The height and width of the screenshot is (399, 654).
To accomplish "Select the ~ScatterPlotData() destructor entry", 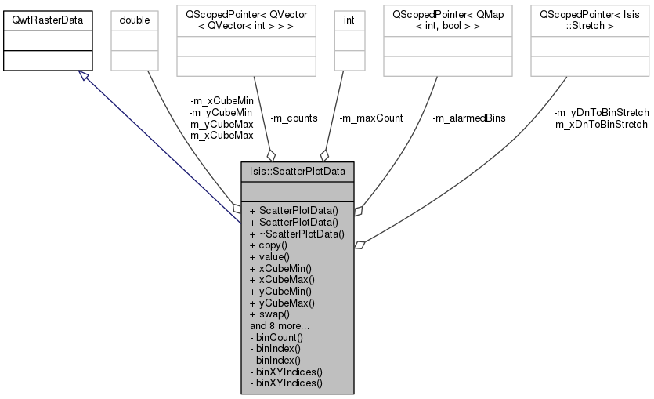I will [x=297, y=234].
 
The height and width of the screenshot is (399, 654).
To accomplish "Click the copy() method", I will [x=269, y=245].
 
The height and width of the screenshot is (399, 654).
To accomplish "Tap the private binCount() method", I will [x=276, y=336].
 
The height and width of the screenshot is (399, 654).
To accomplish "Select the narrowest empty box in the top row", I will [x=349, y=40].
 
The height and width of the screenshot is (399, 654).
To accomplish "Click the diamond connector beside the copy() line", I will [x=359, y=245].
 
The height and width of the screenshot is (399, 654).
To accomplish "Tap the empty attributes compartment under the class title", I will [x=298, y=190].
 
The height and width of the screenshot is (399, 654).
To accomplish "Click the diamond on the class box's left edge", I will [x=237, y=208].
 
